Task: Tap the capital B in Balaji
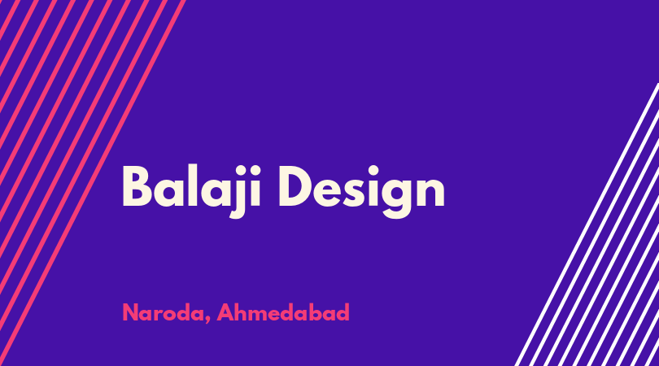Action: tap(137, 186)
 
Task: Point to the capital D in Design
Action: tap(297, 186)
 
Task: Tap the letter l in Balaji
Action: tap(193, 185)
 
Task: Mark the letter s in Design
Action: tap(352, 192)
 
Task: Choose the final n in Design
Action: tap(431, 192)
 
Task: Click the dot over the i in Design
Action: tap(373, 170)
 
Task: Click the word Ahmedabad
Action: tap(283, 312)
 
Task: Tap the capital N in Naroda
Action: tap(130, 312)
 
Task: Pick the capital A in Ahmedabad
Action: tap(225, 312)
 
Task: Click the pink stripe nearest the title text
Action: tap(92, 183)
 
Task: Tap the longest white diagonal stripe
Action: tap(587, 224)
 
